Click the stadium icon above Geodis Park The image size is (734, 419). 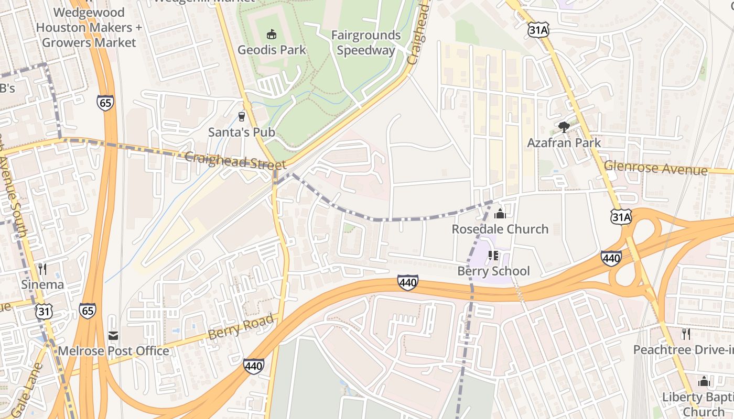coord(271,35)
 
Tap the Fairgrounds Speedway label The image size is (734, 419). coord(365,43)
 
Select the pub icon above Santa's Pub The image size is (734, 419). coord(242,116)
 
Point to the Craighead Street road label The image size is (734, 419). coord(235,161)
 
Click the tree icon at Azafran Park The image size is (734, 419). coord(564,127)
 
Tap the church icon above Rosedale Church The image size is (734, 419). coord(500,214)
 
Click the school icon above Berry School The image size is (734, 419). coord(493,256)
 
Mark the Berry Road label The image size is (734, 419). coord(241,326)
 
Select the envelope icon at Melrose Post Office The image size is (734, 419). coord(113,335)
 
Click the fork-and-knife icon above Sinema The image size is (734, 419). coord(42,269)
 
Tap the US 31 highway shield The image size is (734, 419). coord(44,312)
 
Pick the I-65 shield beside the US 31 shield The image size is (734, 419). coord(88,311)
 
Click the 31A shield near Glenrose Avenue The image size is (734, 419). coord(621,216)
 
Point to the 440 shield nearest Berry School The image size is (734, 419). coord(407,283)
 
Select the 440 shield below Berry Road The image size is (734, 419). coord(253,366)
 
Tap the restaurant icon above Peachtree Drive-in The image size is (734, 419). coord(686,334)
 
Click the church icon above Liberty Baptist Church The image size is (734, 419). coord(704,381)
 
